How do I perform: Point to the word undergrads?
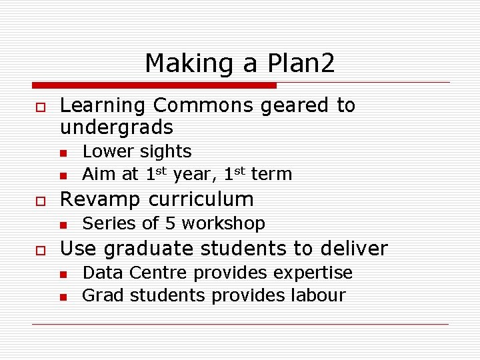coord(117,127)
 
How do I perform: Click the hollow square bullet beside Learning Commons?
coord(39,107)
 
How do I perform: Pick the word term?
coord(271,175)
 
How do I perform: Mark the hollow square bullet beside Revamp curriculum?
coord(39,200)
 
